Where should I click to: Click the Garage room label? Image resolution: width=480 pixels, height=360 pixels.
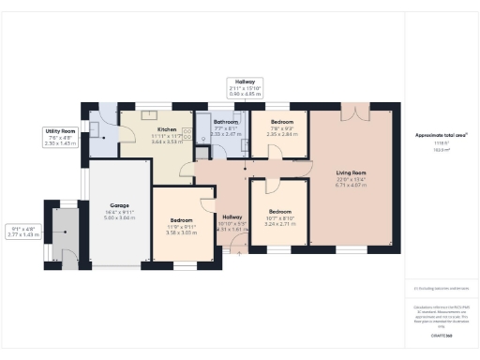[119, 204]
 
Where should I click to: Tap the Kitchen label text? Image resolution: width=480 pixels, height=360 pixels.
[167, 129]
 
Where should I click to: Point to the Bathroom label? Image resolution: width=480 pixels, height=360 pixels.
[226, 122]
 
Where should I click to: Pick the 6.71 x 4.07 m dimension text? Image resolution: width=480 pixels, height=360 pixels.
[351, 186]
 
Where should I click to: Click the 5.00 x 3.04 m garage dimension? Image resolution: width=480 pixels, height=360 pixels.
[119, 217]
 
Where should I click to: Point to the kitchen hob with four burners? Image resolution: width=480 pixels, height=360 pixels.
[186, 132]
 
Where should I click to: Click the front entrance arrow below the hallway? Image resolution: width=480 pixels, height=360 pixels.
[232, 250]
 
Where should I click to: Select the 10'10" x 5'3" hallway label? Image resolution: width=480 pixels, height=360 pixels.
[232, 225]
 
